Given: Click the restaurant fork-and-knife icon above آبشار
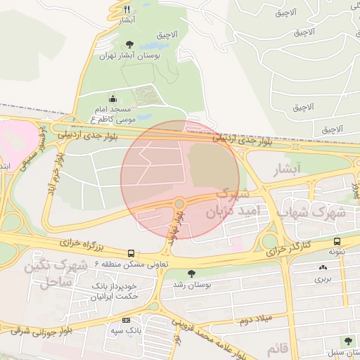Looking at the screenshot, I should pos(127,9).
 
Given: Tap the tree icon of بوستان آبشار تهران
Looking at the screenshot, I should pos(129,44).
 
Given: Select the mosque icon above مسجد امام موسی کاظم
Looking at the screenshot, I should pos(113,99).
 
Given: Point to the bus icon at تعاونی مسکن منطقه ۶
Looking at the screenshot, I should pos(131,253).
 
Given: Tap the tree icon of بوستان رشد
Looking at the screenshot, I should pos(190,274).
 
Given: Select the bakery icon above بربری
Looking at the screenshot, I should pos(323,267).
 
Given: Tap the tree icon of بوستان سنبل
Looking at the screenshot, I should pos(347,341).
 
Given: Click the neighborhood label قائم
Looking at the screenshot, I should pos(278,349).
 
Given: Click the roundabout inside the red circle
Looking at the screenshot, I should pos(179,204).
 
